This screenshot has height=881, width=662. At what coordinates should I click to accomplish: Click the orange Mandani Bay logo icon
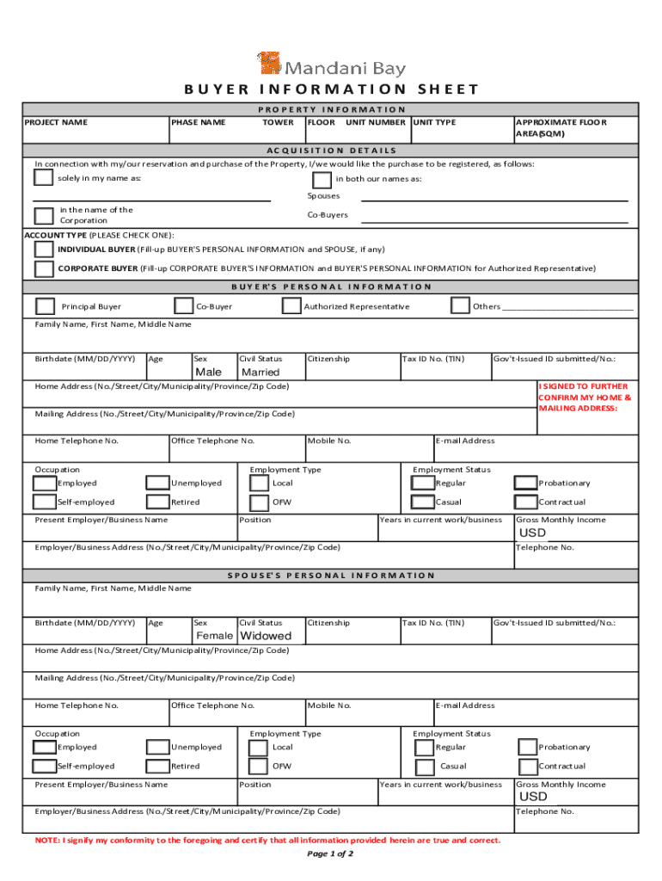pos(270,65)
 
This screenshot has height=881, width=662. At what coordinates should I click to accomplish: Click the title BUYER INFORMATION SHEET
pos(331,89)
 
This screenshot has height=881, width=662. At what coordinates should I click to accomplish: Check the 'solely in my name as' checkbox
pos(43,178)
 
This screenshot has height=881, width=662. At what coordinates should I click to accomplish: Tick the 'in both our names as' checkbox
pos(322,180)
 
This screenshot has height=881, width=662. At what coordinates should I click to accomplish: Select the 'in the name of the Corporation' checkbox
pos(43,215)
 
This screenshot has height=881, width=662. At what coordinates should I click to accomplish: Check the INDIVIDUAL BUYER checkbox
pos(43,250)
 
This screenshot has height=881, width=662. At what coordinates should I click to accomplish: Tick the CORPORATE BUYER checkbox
pos(43,268)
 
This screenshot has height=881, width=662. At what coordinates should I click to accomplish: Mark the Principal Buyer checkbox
pos(46,306)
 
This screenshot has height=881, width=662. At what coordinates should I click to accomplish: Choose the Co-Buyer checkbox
pos(183,306)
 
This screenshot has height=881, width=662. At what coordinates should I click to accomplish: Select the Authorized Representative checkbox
pos(291,306)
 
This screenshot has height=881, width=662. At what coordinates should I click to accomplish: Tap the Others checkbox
pos(460,306)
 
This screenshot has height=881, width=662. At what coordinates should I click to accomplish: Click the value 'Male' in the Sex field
pos(209,373)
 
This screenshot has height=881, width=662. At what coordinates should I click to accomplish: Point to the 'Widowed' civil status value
pos(267,636)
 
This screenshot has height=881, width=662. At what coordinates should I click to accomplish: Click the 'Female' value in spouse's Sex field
pos(215,636)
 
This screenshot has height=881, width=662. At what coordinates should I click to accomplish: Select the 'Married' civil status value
pos(261,373)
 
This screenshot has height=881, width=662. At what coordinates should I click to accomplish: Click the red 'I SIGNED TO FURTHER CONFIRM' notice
pos(585,397)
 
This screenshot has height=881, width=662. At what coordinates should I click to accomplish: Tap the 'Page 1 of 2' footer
pos(330,854)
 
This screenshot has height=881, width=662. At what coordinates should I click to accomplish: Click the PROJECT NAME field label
pos(56,122)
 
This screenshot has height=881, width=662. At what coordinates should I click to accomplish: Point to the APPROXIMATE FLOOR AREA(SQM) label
pos(560,128)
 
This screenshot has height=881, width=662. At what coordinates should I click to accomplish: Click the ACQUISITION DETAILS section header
pos(330,150)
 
